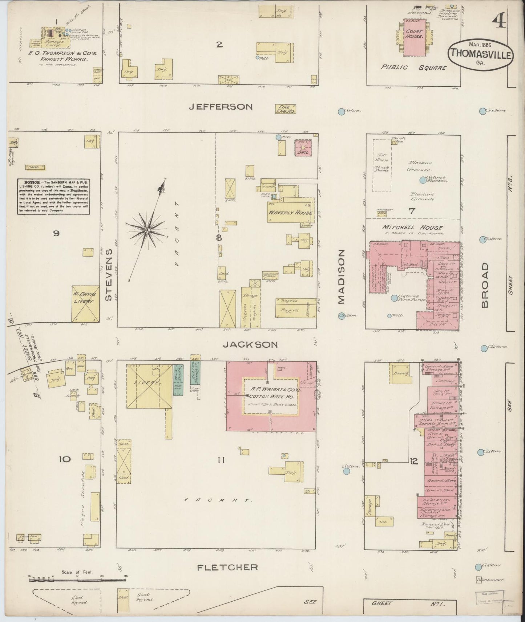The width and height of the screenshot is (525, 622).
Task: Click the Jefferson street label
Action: pyautogui.click(x=221, y=107)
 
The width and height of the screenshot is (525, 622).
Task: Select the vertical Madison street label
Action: pyautogui.click(x=340, y=276)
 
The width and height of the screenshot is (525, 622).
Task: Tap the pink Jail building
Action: pyautogui.click(x=303, y=148)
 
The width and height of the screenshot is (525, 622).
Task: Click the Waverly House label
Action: pyautogui.click(x=290, y=213)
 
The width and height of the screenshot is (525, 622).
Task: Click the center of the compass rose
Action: pyautogui.click(x=147, y=230)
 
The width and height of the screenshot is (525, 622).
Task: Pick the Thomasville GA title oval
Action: pyautogui.click(x=481, y=54)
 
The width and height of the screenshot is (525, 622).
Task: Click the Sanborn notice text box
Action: pyautogui.click(x=54, y=196)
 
